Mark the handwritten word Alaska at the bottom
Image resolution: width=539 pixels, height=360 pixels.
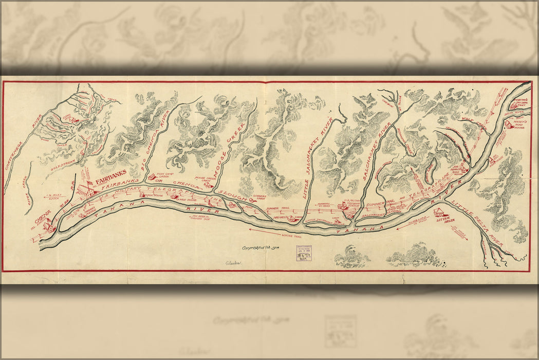click(232, 262)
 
